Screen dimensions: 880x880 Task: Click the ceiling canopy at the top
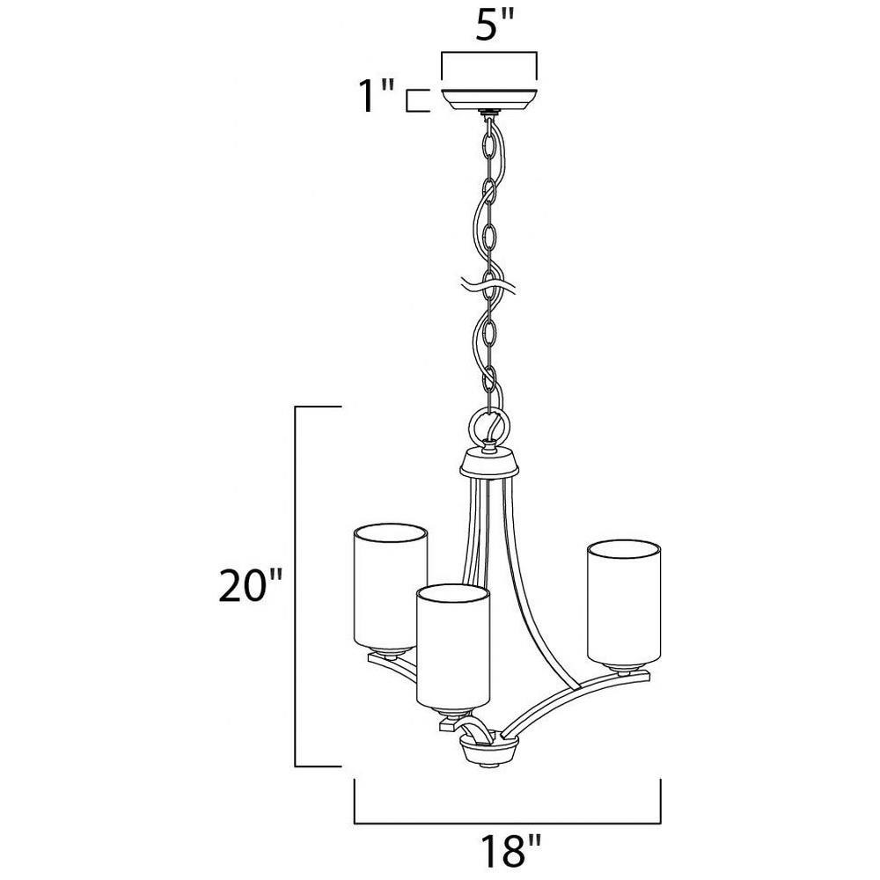tap(489, 99)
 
